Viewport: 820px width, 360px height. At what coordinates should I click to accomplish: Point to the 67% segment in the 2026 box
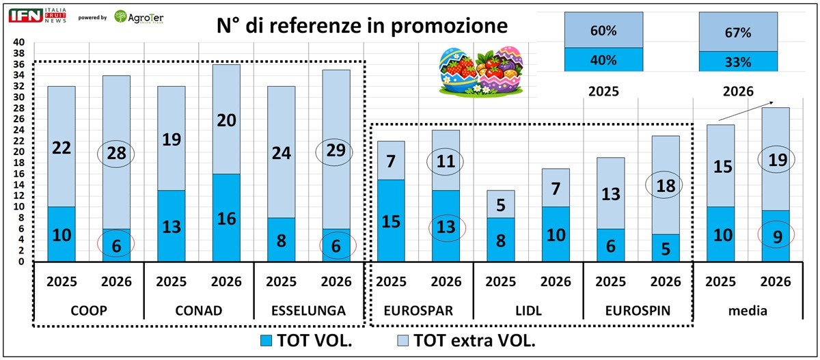tap(739, 32)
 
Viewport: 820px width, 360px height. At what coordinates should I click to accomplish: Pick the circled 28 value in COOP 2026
tap(116, 152)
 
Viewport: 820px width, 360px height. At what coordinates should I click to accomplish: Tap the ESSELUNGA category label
tap(309, 311)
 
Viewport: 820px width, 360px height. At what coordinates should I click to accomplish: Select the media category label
tap(749, 311)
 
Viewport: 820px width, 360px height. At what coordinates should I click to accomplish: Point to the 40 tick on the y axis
tap(19, 42)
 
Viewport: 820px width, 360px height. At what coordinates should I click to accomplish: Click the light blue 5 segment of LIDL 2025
tap(501, 204)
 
